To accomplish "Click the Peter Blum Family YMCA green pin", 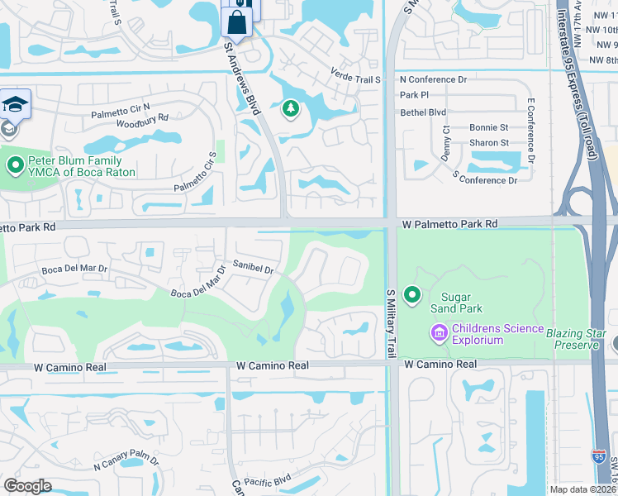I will point(15,165).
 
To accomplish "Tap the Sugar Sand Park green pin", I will point(411,294).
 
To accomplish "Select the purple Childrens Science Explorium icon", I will point(439,333).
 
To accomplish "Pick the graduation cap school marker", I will point(15,104).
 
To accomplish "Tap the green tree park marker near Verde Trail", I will point(290,107).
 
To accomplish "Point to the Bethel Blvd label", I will point(422,112).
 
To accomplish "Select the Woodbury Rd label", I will point(141,119).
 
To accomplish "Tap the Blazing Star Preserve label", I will point(573,337).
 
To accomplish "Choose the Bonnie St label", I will point(488,127).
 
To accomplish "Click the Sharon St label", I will point(488,142).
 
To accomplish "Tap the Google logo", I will point(27,486).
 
